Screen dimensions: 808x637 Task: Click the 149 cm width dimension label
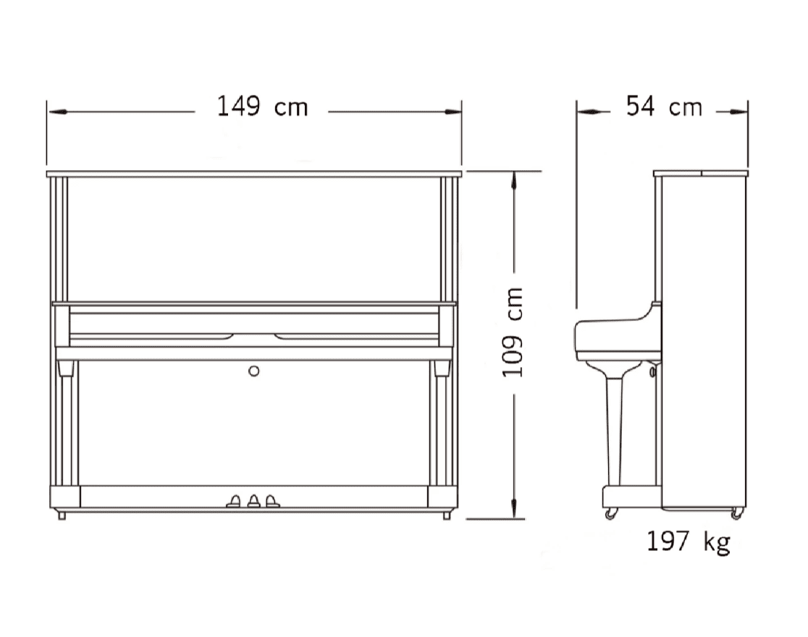point(262,106)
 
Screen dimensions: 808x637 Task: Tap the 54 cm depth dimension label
point(664,106)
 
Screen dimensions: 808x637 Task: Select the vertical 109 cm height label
point(513,332)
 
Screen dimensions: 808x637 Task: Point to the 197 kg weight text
point(689,541)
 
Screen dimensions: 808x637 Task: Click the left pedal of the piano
point(234,502)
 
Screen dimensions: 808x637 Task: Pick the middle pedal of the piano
point(253,502)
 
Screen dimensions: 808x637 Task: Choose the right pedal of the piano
point(272,502)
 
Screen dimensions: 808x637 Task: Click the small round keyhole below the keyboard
point(253,371)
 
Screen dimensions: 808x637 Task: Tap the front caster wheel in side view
point(610,513)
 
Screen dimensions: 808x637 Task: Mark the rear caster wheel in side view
point(737,513)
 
